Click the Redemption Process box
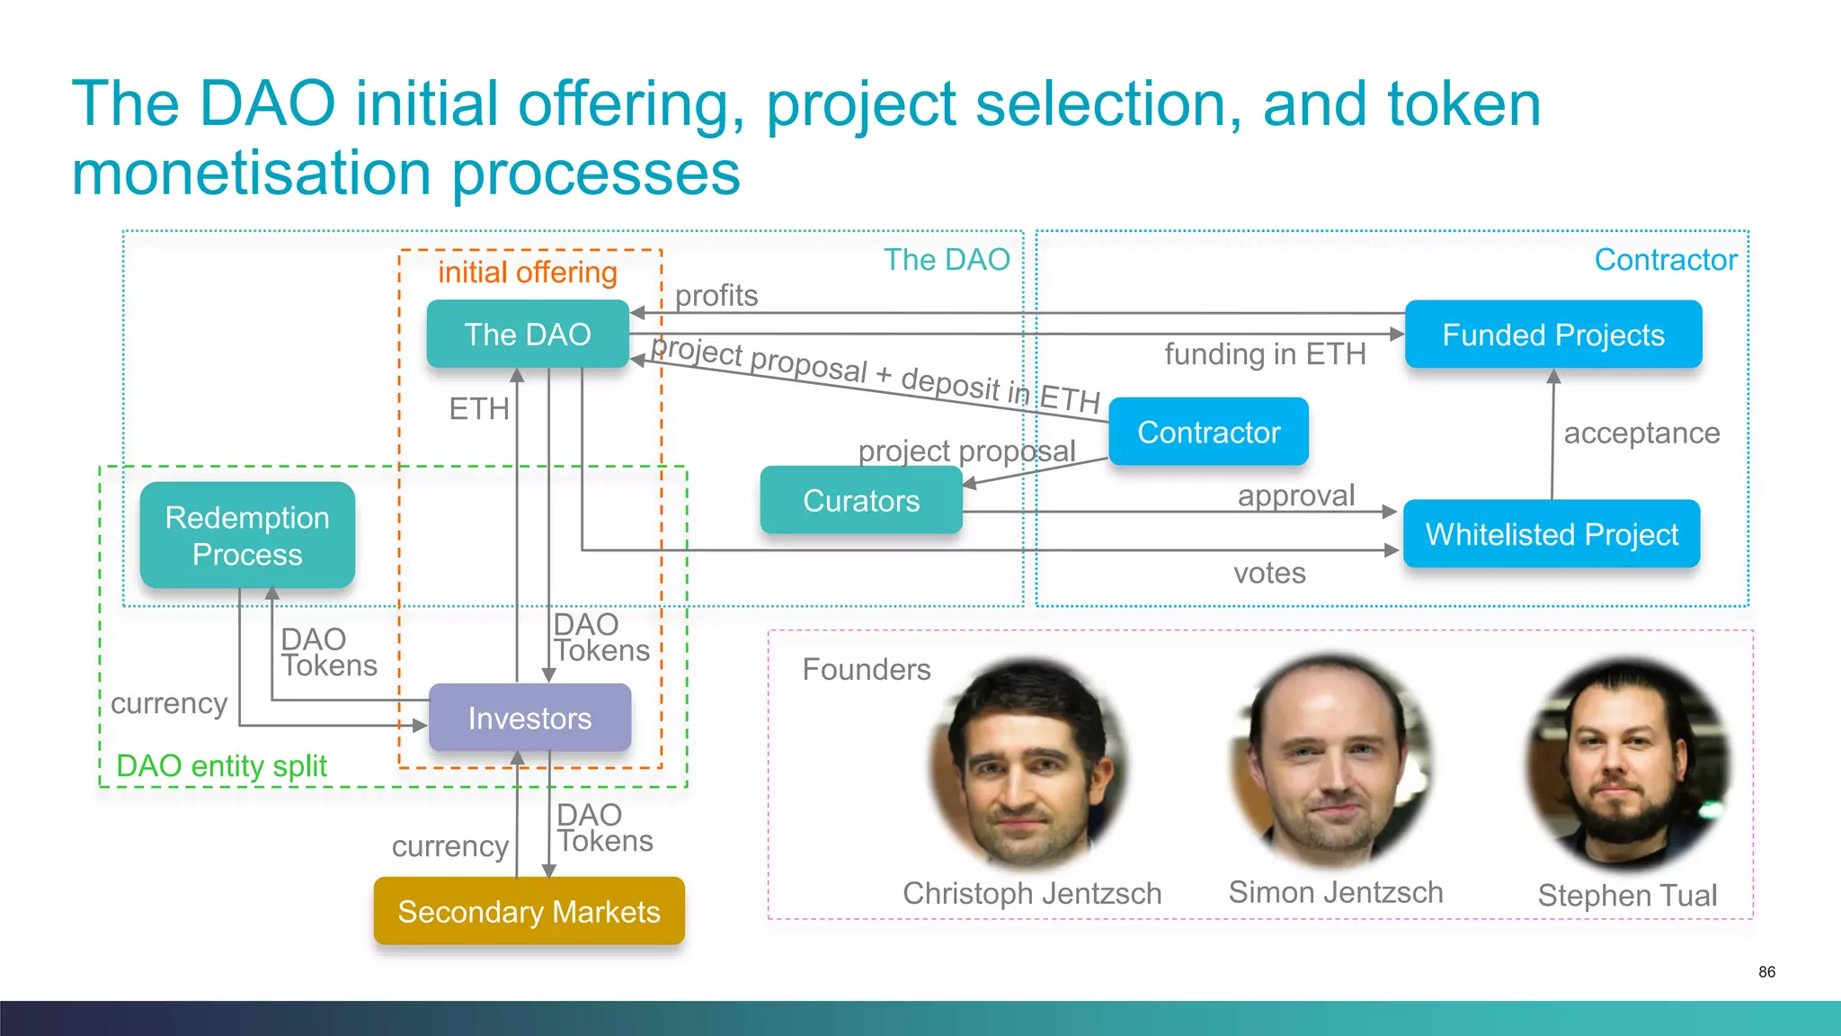point(247,535)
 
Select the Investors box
point(529,718)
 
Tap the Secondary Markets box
point(529,911)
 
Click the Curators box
point(861,500)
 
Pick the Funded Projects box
point(1553,335)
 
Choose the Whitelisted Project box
point(1552,534)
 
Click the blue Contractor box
point(1208,432)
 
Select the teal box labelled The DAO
point(528,334)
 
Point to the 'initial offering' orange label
point(528,272)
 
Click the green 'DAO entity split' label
point(221,765)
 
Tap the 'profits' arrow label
point(716,295)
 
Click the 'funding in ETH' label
point(1265,353)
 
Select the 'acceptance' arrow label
point(1641,433)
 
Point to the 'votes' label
point(1269,573)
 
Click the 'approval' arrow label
point(1295,495)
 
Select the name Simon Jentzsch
point(1336,892)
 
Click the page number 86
point(1766,971)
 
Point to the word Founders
point(867,669)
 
